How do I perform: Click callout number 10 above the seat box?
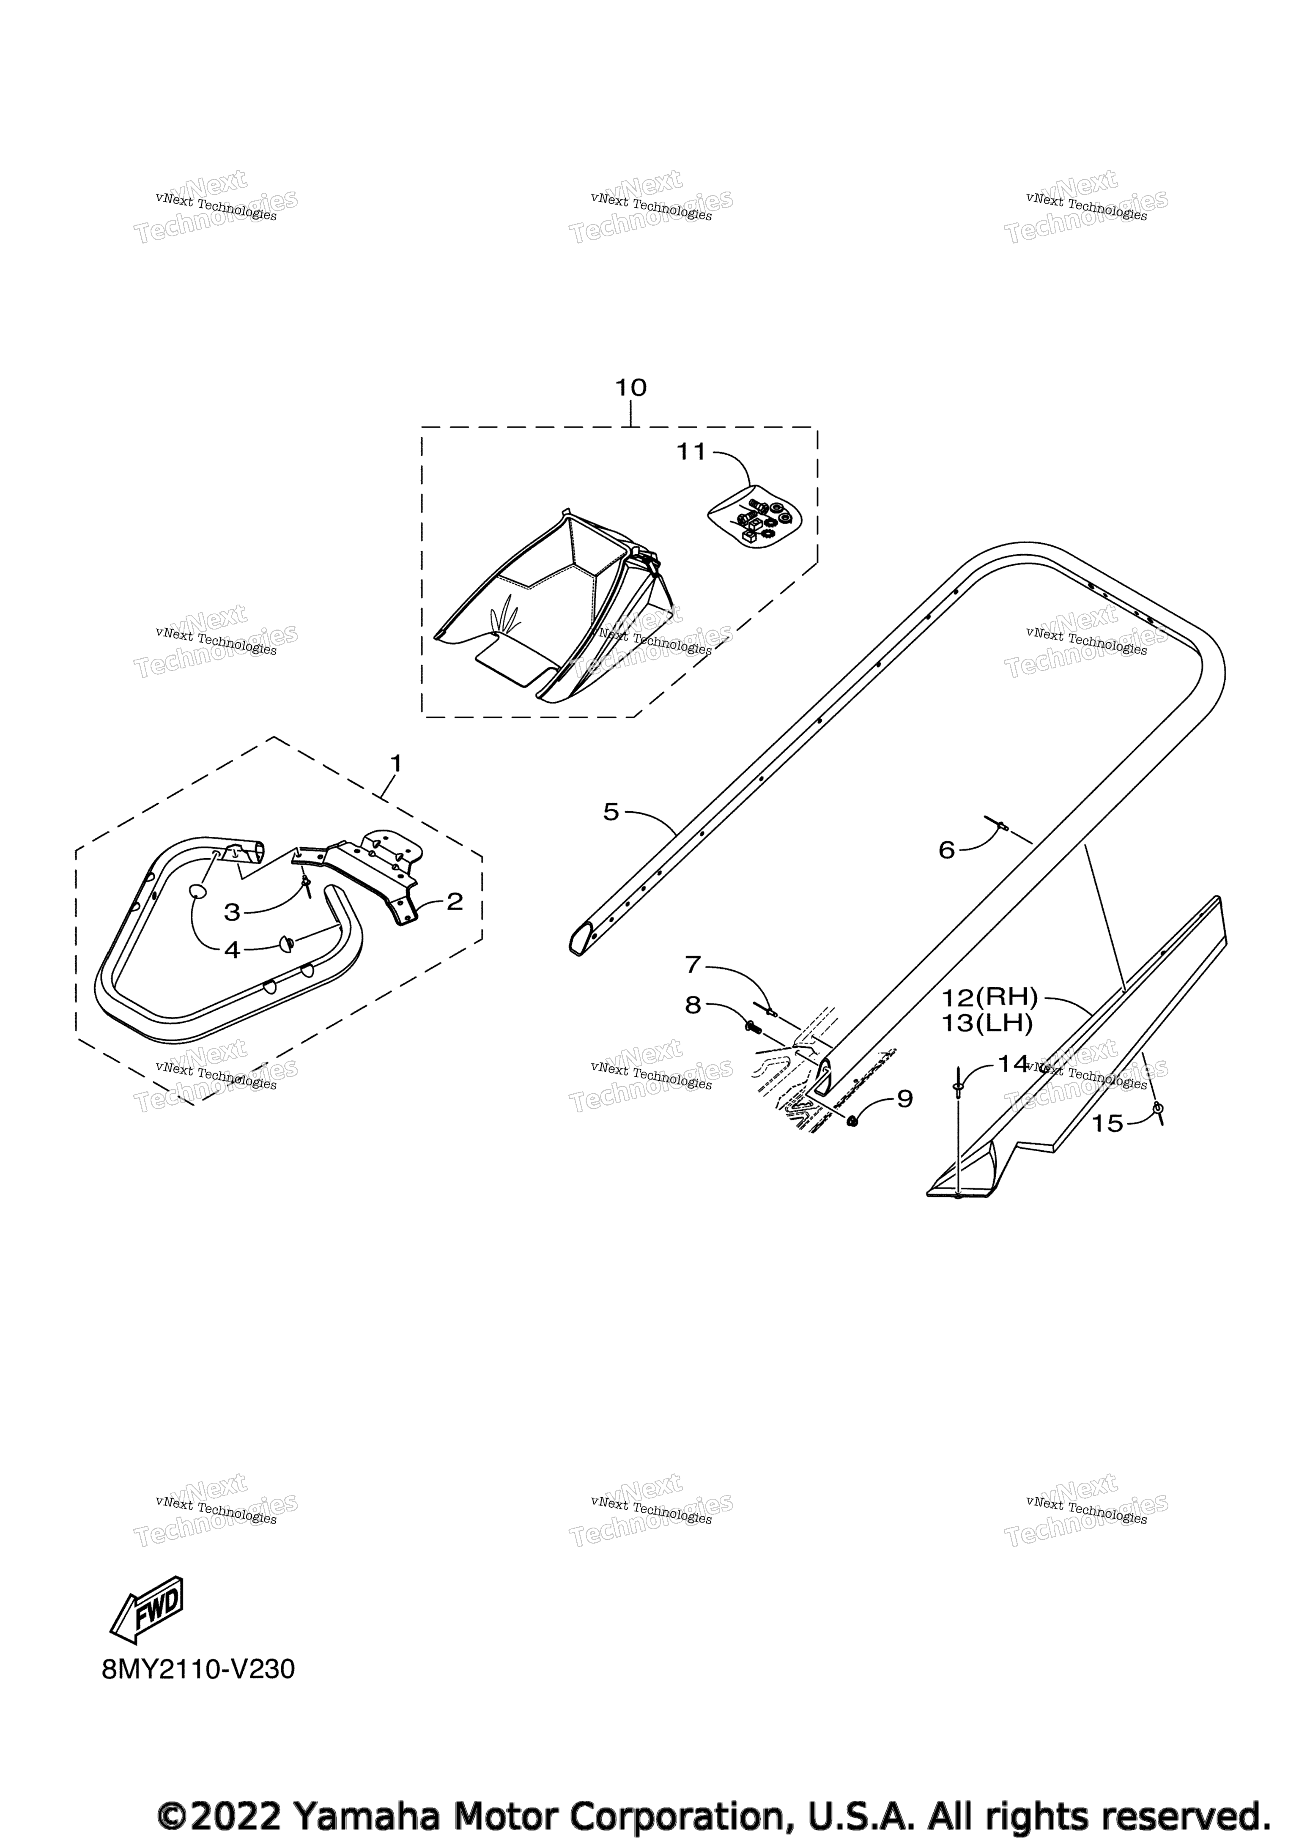[630, 388]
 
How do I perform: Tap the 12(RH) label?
[989, 998]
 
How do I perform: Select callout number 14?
[1013, 1064]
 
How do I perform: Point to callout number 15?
[1107, 1123]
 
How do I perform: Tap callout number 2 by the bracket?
[455, 901]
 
